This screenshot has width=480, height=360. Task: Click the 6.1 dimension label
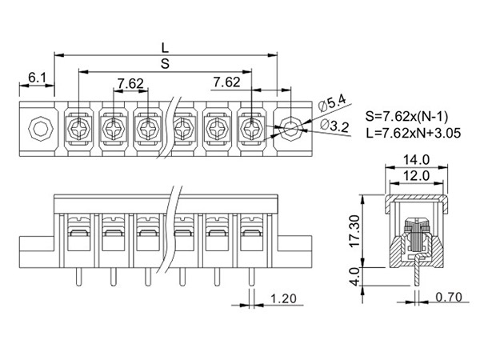click(37, 78)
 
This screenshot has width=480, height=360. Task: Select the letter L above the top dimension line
click(165, 48)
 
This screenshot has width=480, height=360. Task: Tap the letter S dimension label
click(165, 64)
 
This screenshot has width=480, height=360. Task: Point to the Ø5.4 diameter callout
click(332, 103)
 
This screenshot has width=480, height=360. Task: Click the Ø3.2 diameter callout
click(334, 126)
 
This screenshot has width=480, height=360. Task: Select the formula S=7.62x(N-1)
click(407, 116)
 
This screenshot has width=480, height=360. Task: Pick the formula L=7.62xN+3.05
click(414, 133)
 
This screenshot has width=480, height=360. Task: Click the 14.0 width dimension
click(416, 159)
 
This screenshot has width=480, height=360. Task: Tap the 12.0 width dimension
click(416, 176)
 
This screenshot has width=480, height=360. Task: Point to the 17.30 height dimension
click(355, 231)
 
